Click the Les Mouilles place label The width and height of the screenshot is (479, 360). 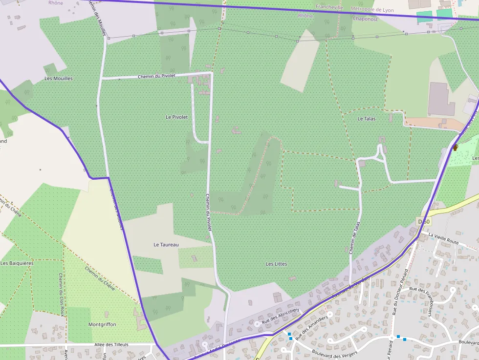pyautogui.click(x=58, y=78)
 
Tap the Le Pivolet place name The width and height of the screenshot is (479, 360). pyautogui.click(x=176, y=117)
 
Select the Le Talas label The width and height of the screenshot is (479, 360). pyautogui.click(x=366, y=119)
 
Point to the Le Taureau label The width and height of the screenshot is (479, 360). pyautogui.click(x=166, y=244)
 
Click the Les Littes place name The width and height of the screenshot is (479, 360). pyautogui.click(x=276, y=264)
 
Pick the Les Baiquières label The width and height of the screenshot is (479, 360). pyautogui.click(x=17, y=263)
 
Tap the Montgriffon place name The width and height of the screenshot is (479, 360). pyautogui.click(x=102, y=324)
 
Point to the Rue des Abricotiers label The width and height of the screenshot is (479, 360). pyautogui.click(x=280, y=317)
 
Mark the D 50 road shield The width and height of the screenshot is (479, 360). pyautogui.click(x=424, y=221)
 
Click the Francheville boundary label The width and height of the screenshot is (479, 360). pyautogui.click(x=329, y=7)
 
